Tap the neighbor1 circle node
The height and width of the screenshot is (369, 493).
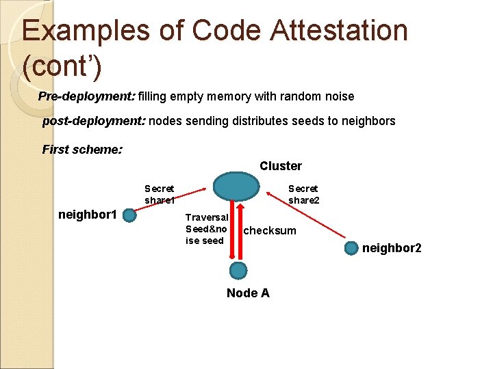(129, 216)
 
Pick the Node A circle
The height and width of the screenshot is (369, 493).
(238, 271)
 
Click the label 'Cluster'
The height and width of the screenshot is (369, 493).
(281, 166)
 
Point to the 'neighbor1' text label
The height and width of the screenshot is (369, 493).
(89, 215)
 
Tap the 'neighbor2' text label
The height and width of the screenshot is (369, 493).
(392, 247)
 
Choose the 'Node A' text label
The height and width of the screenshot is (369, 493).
(248, 293)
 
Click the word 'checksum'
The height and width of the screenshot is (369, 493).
(270, 230)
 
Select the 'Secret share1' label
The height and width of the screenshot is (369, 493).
(159, 194)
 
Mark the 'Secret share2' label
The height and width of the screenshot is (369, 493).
(303, 194)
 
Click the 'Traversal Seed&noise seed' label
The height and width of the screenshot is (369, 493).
(206, 229)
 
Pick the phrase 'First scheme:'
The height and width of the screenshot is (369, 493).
(83, 149)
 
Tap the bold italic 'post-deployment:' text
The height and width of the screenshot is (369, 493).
(93, 121)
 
